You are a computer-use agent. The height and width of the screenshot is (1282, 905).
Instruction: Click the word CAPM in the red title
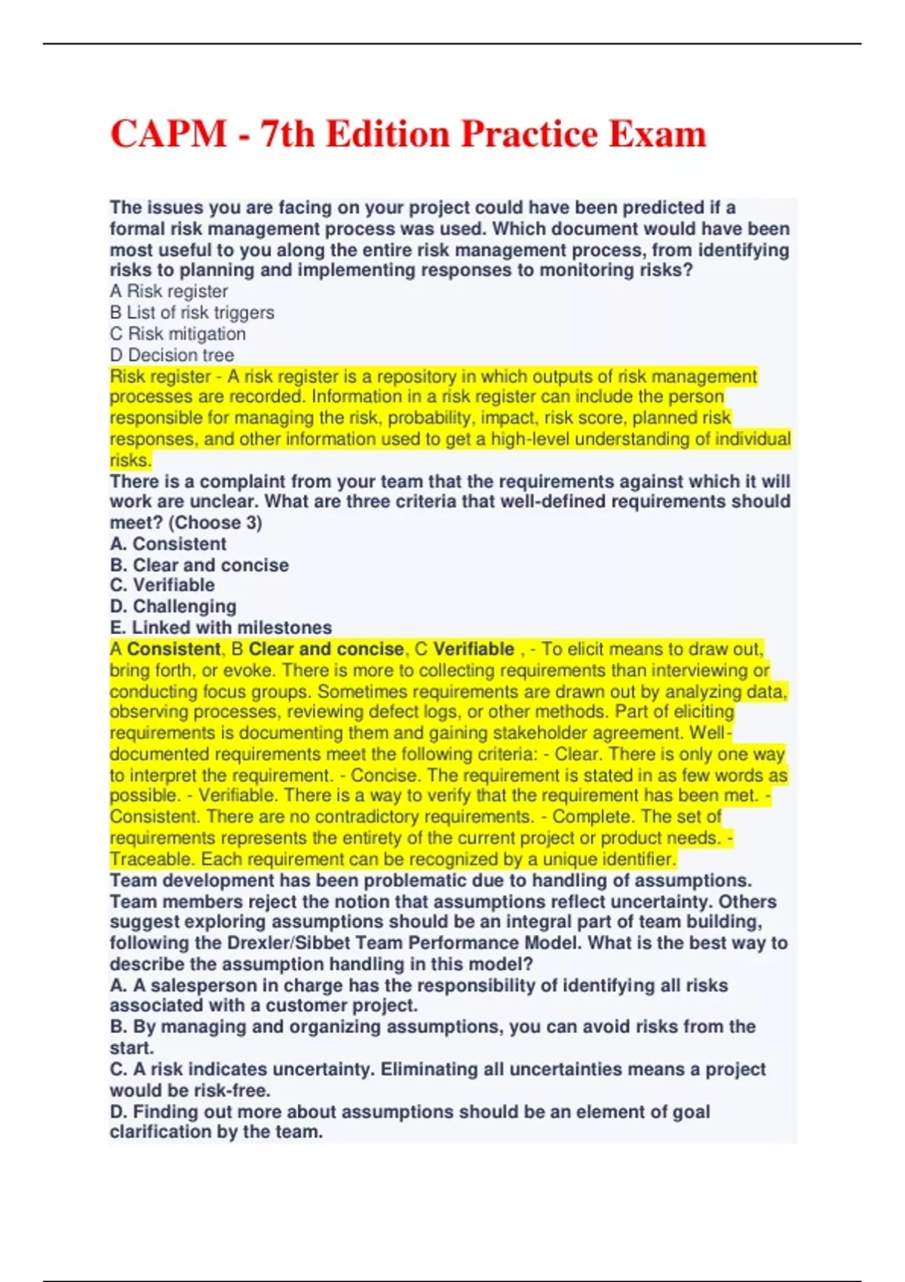[x=168, y=135]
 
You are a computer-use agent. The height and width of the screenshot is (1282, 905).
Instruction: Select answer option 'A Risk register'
[x=169, y=292]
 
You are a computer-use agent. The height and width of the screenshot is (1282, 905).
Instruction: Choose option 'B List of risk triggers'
[x=192, y=313]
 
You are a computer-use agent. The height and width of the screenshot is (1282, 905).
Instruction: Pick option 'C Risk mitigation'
[x=178, y=334]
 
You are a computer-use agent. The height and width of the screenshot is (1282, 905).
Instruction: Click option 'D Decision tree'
[x=172, y=355]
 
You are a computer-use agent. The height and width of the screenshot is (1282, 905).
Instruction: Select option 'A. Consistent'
[x=168, y=544]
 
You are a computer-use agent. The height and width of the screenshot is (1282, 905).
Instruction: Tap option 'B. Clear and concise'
[x=199, y=565]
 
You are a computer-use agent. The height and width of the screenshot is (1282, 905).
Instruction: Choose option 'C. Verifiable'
[x=162, y=585]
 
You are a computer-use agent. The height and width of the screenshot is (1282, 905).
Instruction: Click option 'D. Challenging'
[x=173, y=606]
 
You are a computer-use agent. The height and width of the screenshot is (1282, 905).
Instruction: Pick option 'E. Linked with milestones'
[x=221, y=627]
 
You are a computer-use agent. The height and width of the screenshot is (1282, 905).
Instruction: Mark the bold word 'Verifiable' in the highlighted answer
[x=474, y=649]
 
